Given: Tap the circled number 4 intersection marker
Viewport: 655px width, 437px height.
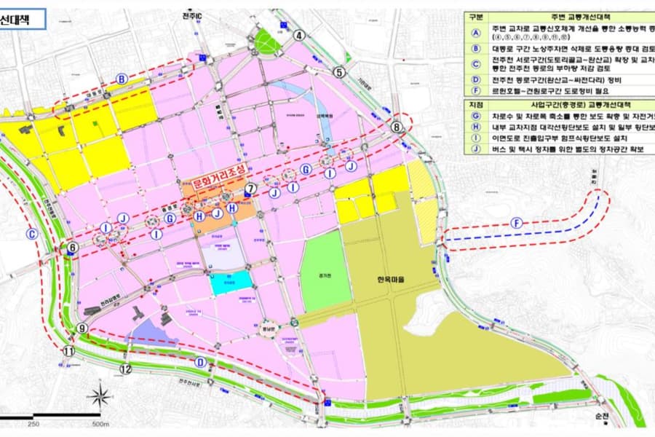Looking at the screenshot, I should click(x=298, y=35).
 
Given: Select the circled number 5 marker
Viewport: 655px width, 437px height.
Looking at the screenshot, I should click(x=338, y=71).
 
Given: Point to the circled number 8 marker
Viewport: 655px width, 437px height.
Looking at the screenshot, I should click(x=397, y=127).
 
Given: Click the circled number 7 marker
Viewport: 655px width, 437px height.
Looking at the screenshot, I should click(x=250, y=189).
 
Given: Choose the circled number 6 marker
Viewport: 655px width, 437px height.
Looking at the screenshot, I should click(x=72, y=248).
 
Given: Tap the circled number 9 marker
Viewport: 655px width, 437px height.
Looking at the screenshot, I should click(x=82, y=328).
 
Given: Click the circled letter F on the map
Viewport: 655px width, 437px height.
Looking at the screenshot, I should click(x=517, y=223).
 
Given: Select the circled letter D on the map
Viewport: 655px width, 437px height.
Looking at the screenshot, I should click(x=200, y=362).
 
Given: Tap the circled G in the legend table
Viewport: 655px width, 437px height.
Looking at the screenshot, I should click(x=476, y=116).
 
